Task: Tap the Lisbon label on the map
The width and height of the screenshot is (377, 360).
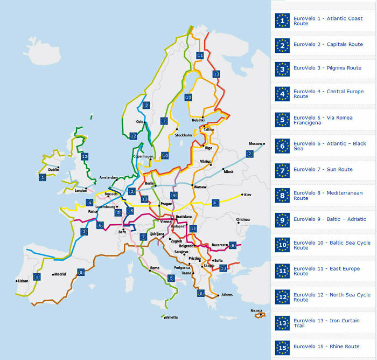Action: click(x=22, y=281)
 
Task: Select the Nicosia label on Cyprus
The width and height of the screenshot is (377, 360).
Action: click(x=257, y=310)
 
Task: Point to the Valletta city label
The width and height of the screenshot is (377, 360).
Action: click(x=171, y=317)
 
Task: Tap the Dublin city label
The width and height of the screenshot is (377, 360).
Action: click(x=53, y=169)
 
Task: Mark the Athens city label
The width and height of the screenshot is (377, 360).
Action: click(x=227, y=295)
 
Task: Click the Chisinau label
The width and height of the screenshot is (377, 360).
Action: click(x=242, y=219)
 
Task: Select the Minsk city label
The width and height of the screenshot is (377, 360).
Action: click(x=229, y=171)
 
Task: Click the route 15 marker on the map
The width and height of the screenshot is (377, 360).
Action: click(x=130, y=211)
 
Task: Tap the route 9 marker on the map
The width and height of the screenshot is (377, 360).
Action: click(x=173, y=195)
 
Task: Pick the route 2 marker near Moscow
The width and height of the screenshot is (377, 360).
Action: click(x=249, y=154)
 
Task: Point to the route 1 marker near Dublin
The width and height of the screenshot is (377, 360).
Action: click(x=42, y=177)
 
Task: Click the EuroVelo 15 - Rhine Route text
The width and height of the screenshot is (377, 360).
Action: click(x=326, y=347)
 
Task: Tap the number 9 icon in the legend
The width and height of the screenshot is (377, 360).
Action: click(x=282, y=219)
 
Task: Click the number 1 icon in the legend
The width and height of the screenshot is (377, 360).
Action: click(x=282, y=20)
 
